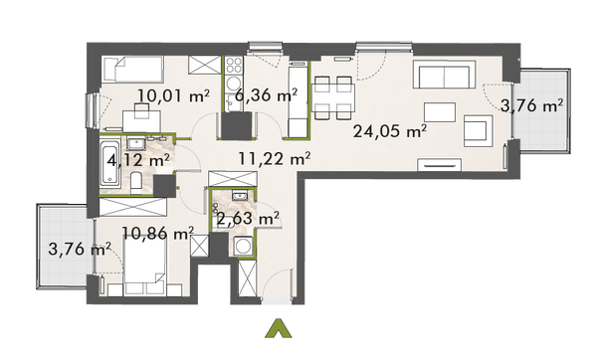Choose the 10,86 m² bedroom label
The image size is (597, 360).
(156, 234)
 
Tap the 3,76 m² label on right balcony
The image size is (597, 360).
(532, 105)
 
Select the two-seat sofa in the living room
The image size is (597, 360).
(447, 77)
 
